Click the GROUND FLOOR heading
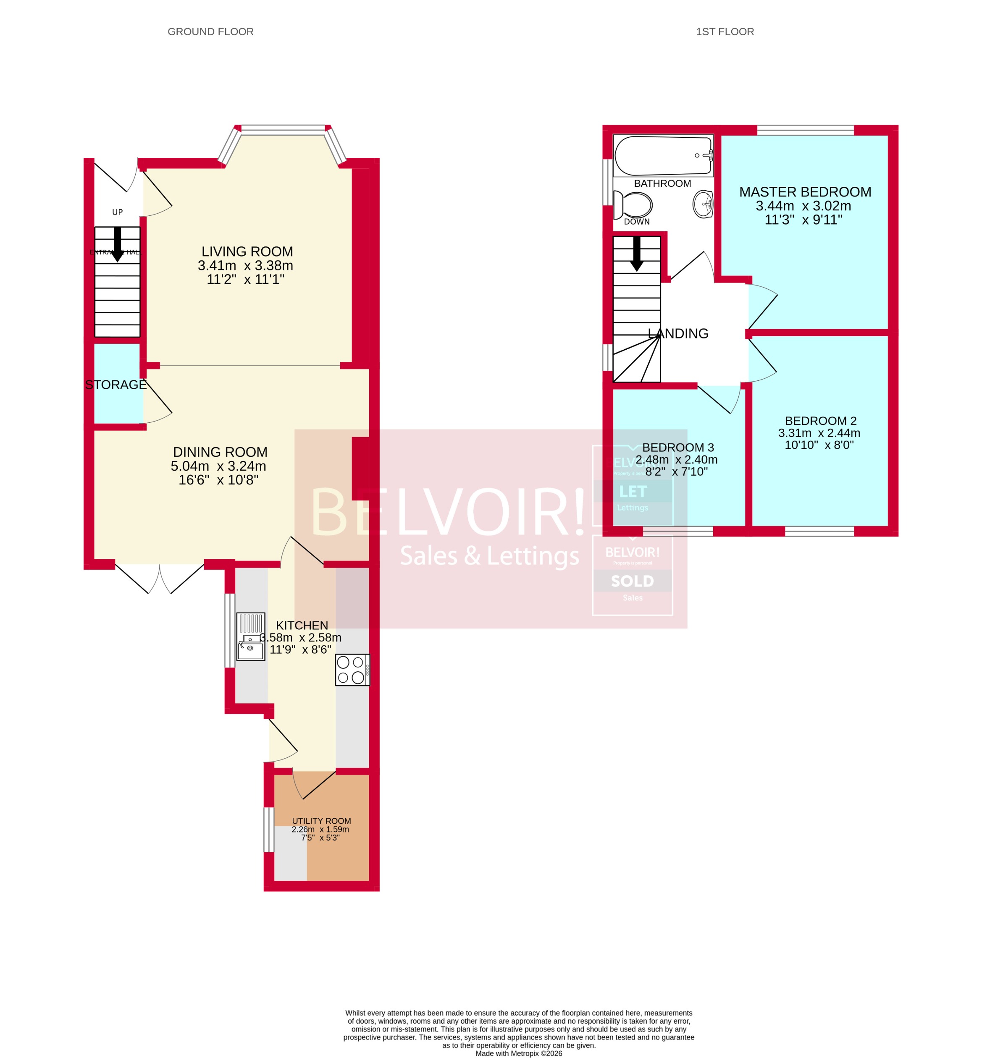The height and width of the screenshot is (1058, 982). [210, 32]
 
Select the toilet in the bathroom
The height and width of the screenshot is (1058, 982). [633, 204]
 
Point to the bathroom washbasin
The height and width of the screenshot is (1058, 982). [703, 204]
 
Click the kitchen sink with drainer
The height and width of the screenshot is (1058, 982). [250, 636]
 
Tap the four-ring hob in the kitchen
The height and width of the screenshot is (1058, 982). [352, 670]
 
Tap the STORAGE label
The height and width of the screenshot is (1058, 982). [116, 385]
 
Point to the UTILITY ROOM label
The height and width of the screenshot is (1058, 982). [321, 821]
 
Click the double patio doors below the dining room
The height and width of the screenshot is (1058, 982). [160, 578]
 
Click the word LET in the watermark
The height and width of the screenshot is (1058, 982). [633, 491]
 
